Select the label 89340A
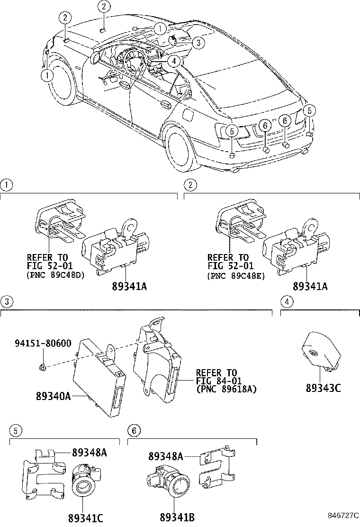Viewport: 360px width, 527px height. (53, 396)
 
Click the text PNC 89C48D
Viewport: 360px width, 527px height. (55, 274)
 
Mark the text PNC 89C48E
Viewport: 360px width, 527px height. (236, 274)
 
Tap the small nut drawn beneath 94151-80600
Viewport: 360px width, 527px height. (42, 366)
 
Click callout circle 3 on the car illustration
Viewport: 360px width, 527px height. (198, 43)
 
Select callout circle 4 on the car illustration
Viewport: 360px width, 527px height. (174, 61)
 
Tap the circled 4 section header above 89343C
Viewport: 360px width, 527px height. (285, 301)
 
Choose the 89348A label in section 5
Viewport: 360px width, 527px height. (89, 453)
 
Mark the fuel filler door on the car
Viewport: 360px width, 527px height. (188, 115)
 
